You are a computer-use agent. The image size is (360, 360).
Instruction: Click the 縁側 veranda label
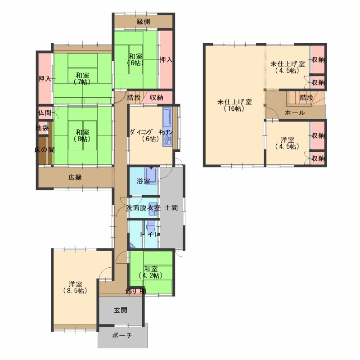[x=143, y=22]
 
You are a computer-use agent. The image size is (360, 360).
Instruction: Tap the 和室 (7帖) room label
[x=83, y=78]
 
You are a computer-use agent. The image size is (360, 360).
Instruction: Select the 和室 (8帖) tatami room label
[x=83, y=135]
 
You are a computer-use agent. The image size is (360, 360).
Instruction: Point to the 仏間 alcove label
[x=45, y=113]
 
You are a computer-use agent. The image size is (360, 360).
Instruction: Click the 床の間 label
[x=45, y=150]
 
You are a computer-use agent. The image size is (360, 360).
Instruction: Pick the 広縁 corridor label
[x=75, y=177]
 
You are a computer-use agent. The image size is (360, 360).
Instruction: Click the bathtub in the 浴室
[x=151, y=175]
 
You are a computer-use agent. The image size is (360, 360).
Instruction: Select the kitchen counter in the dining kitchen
[x=167, y=126]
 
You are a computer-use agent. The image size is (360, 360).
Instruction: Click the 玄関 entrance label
[x=121, y=310]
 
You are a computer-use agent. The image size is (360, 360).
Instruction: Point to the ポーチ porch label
[x=122, y=335]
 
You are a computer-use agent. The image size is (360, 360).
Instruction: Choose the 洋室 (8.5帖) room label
[x=75, y=287]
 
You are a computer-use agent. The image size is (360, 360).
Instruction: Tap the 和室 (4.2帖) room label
[x=151, y=272]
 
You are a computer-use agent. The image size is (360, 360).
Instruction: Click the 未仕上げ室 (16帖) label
[x=234, y=105]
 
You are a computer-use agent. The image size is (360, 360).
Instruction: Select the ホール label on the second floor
[x=295, y=112]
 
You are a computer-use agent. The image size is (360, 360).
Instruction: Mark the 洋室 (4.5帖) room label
[x=288, y=143]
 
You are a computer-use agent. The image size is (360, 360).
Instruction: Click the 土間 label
[x=171, y=208]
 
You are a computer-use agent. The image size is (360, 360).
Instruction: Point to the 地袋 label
[x=42, y=128]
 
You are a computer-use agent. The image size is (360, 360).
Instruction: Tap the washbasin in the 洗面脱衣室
[x=153, y=209]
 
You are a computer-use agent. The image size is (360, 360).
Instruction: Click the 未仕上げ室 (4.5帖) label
[x=288, y=67]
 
